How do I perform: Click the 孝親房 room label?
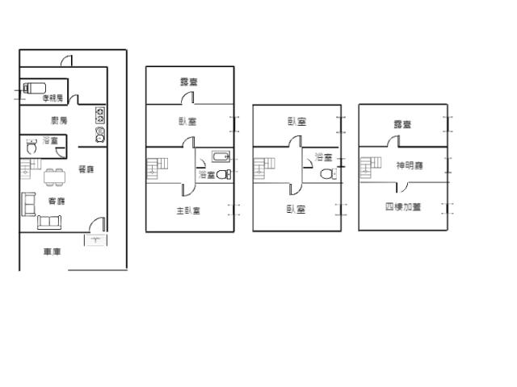coord(53,98)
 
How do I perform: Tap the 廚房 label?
coord(58,120)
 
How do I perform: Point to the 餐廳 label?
coord(86,169)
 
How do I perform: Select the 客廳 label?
coord(57,201)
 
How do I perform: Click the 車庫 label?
coord(53,252)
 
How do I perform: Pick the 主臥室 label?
coord(188,211)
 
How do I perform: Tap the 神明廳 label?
coord(410,166)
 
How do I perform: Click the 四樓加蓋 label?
coord(402,207)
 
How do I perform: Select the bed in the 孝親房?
coord(35,87)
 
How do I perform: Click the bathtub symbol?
coord(222,156)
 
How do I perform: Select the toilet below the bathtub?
coord(223,173)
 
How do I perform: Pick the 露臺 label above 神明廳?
coord(402,124)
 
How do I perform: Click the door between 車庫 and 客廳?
coord(96,227)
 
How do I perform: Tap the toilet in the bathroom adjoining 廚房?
coord(32,148)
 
